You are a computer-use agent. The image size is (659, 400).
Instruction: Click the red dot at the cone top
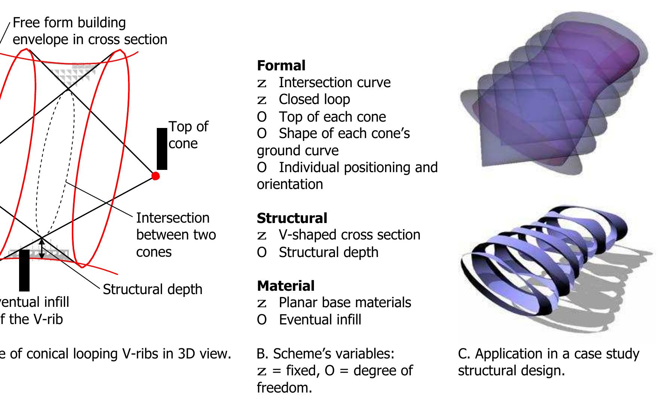pos(155,175)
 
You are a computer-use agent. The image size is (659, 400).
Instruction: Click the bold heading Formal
pos(281,65)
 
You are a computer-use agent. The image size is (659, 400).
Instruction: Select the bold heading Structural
pos(292,218)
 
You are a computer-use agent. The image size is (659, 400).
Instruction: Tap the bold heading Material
pos(286,286)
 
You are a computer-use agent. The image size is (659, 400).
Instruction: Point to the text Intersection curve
pos(334,82)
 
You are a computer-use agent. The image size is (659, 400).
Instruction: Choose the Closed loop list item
pos(314,99)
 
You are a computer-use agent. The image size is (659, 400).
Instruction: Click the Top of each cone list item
pos(332,117)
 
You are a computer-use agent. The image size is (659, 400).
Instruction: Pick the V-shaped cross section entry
pos(349,235)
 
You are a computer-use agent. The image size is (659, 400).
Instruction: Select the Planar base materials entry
pos(345,302)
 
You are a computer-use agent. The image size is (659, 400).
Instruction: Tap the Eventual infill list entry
pos(320,320)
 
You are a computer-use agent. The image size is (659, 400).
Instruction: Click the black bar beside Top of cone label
pos(162,149)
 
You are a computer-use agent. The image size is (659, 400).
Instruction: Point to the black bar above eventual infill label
pos(24,270)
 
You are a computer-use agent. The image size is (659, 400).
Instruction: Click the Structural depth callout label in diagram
pos(152,289)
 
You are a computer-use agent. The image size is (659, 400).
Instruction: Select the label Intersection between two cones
pos(176,235)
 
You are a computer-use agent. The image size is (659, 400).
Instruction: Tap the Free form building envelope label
pos(90,31)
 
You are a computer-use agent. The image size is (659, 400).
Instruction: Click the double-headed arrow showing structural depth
pos(42,248)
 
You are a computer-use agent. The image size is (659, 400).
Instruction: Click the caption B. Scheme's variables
pos(326,354)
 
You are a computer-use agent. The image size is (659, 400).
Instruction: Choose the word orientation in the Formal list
pos(290,184)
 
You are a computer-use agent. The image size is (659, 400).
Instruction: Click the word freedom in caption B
pos(284,388)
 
